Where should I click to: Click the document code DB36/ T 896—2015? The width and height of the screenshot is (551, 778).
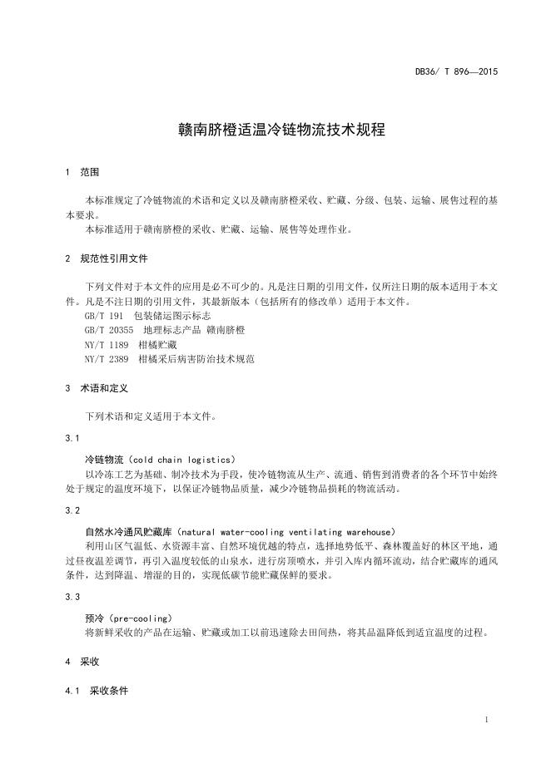[x=456, y=72]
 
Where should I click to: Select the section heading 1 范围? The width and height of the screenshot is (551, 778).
[x=82, y=172]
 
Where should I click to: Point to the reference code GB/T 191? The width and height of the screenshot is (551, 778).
[x=104, y=317]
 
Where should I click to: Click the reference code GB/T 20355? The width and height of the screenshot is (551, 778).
[x=109, y=330]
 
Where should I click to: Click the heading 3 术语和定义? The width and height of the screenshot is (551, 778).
[x=97, y=388]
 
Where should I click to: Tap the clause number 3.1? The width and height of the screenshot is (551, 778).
[x=72, y=437]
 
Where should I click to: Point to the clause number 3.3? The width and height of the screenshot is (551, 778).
[x=72, y=597]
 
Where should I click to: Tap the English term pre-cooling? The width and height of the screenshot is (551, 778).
[x=140, y=618]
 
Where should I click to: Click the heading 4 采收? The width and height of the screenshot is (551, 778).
[x=82, y=662]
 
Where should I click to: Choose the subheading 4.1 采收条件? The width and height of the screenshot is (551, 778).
[x=97, y=691]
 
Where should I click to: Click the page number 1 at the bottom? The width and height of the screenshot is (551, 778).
[x=485, y=719]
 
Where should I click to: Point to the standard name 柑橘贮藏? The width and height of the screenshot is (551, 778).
[x=157, y=344]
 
